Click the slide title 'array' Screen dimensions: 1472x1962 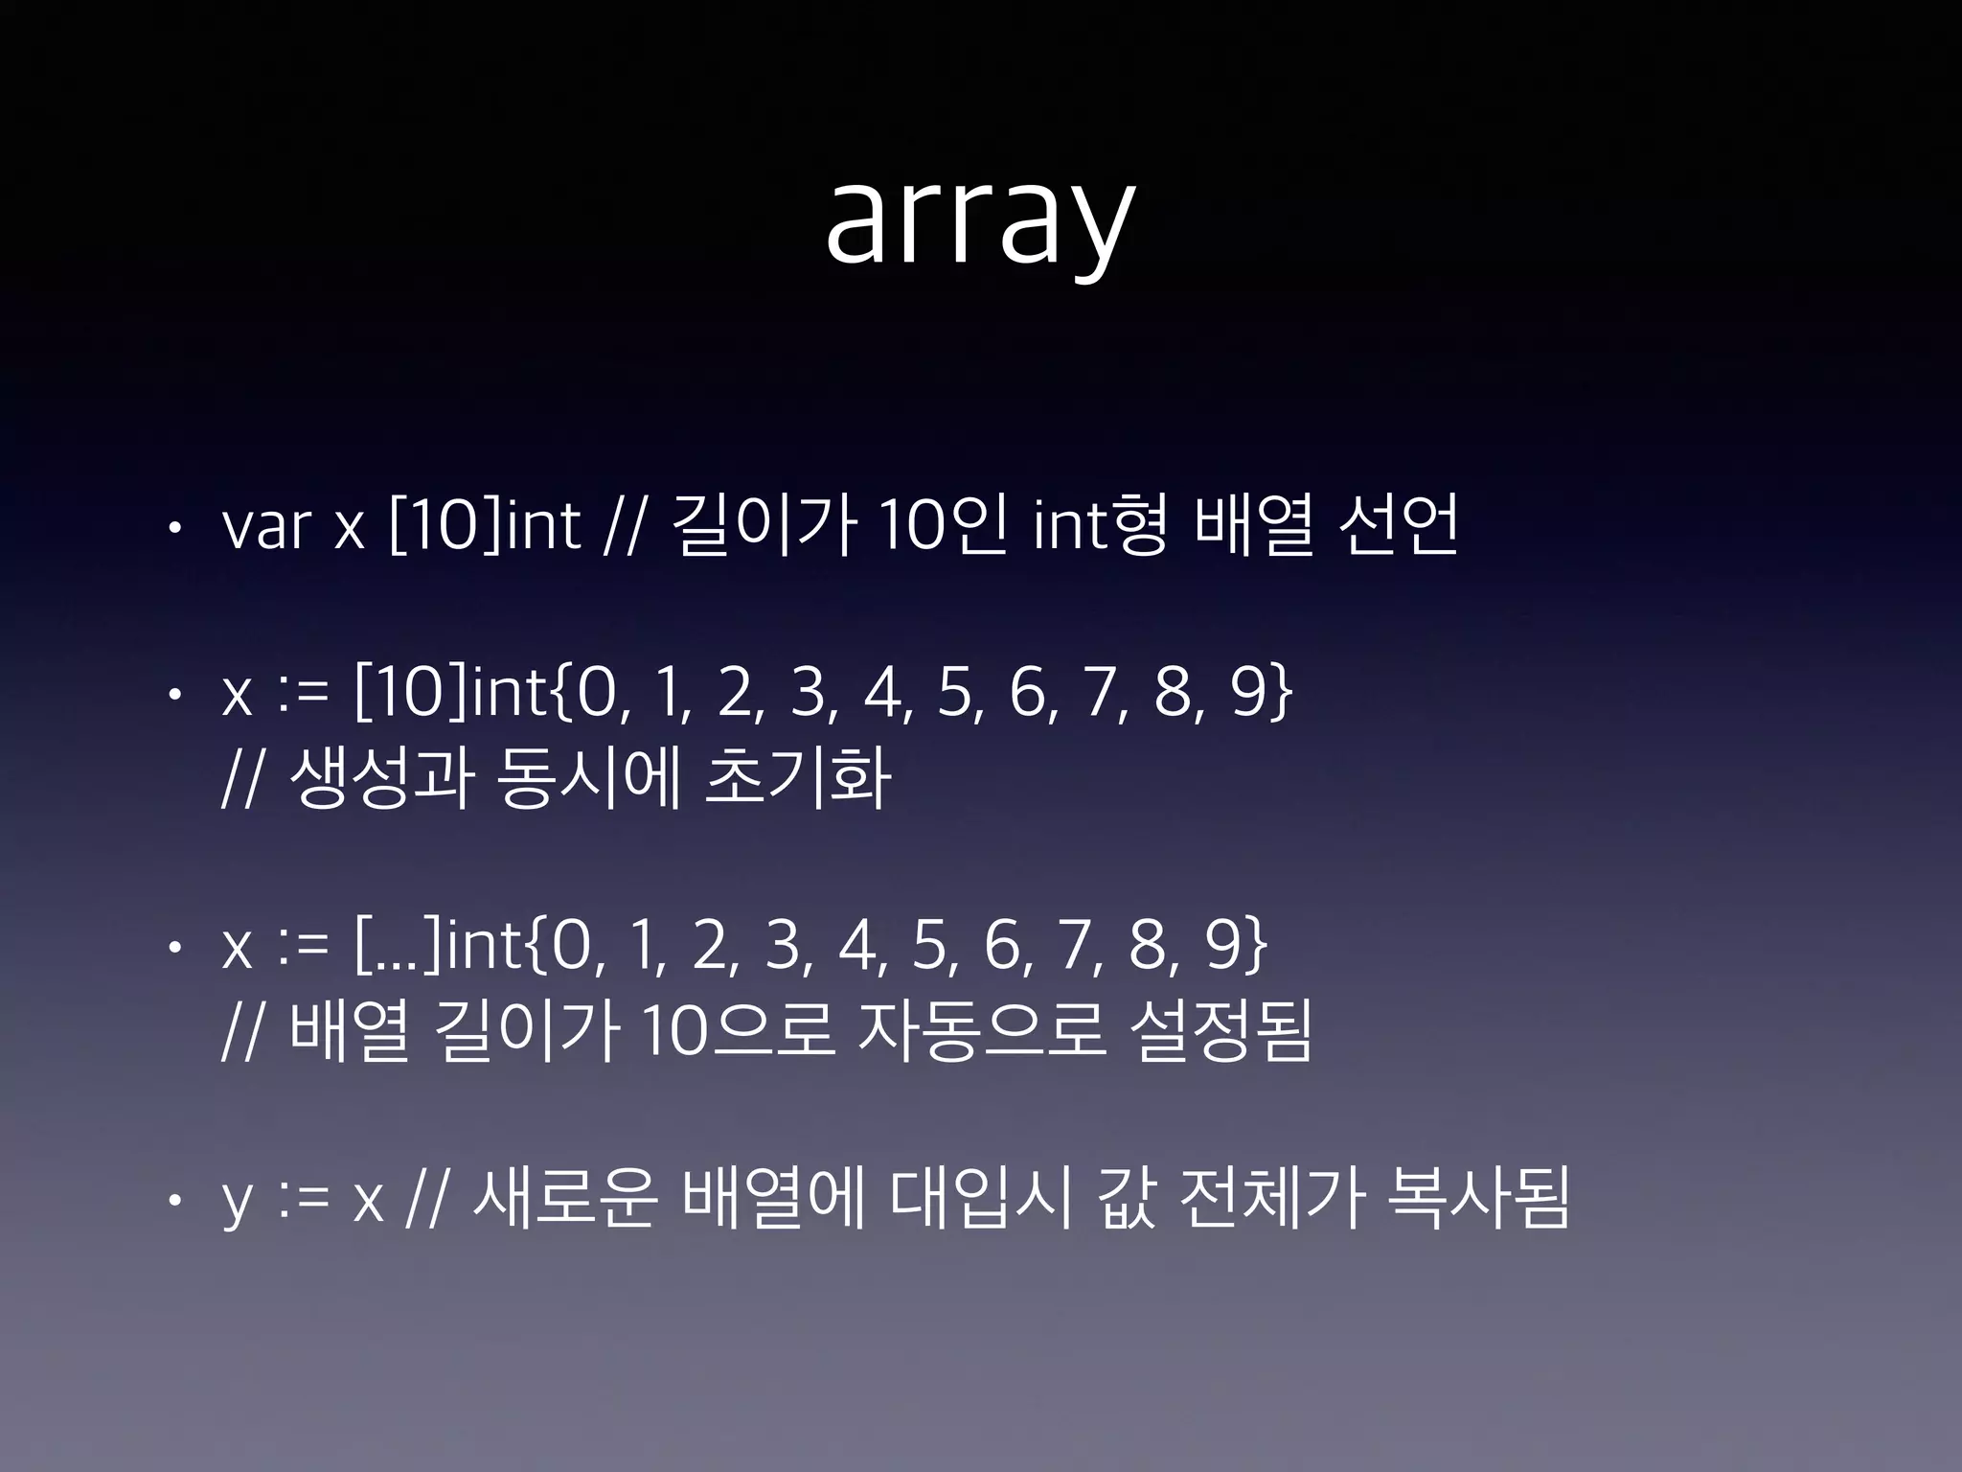980,222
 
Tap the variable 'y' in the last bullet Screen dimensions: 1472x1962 237,1202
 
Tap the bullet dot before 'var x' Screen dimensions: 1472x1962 171,527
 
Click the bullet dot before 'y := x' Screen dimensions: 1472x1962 171,1200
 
